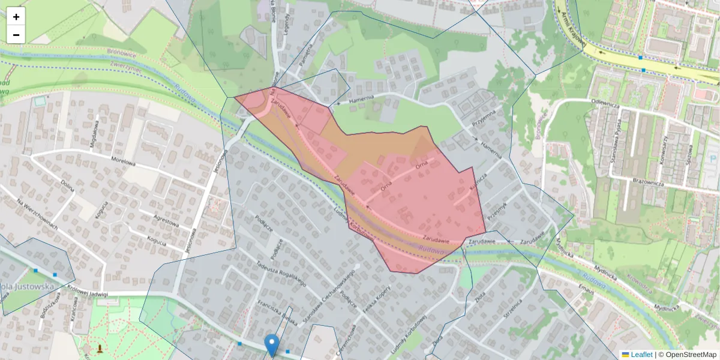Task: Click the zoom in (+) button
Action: click(x=16, y=17)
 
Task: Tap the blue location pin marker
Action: click(x=272, y=344)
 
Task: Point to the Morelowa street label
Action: click(x=125, y=161)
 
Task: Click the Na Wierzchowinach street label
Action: click(x=37, y=214)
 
